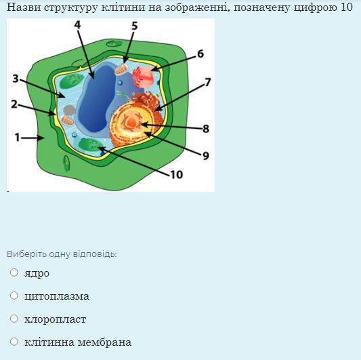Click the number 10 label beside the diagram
177,174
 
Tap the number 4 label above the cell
78,24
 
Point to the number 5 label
135,26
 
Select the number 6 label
200,54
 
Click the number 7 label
208,82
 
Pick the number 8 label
206,129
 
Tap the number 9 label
206,156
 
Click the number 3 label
16,79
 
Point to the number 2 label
14,104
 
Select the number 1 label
17,138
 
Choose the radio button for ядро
14,273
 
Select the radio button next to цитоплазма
14,296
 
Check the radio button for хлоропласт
14,319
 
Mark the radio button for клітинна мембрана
14,342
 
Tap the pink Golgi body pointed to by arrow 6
143,77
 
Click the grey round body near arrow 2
69,111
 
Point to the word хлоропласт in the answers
56,319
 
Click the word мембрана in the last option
104,342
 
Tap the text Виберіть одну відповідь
62,254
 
